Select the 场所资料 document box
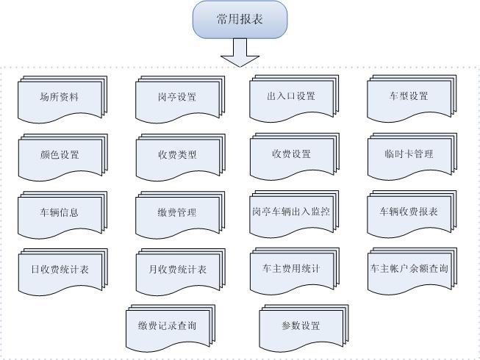click(59, 97)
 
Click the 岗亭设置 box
click(177, 97)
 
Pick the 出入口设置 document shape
click(291, 96)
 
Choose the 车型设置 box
click(408, 96)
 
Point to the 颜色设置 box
click(60, 155)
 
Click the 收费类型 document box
click(177, 155)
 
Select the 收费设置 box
click(291, 154)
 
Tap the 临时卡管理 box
click(408, 154)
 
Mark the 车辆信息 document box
click(60, 212)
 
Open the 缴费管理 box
click(177, 212)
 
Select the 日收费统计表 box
click(60, 270)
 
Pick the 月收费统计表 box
click(177, 270)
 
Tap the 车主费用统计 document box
click(291, 269)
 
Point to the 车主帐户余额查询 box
click(408, 269)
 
